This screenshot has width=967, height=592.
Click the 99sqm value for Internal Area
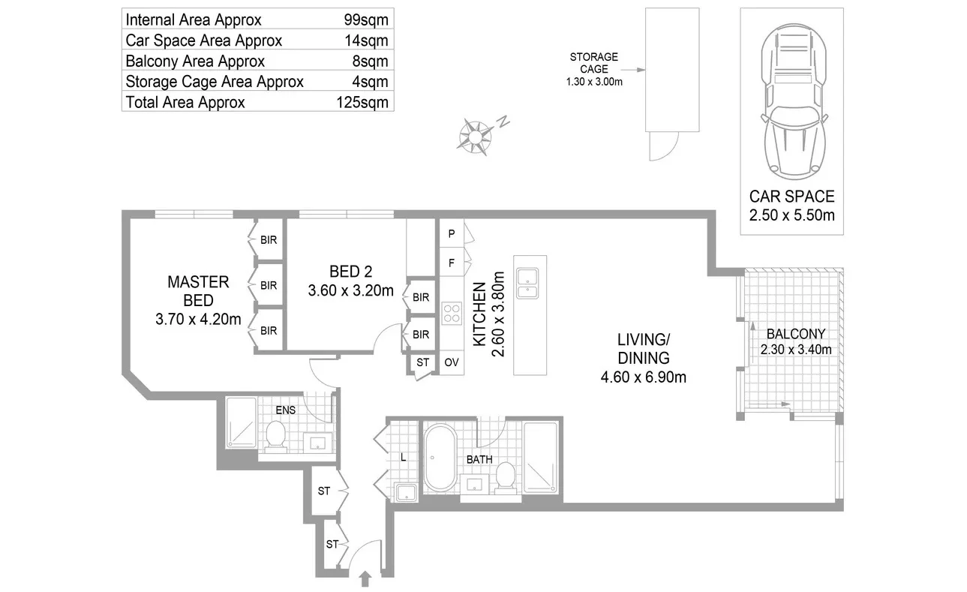(365, 20)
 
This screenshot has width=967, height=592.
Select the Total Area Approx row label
(185, 102)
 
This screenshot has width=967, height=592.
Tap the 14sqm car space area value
(366, 41)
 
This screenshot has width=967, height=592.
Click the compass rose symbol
(475, 137)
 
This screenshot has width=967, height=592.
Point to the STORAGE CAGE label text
(594, 63)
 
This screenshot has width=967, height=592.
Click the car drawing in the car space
(794, 102)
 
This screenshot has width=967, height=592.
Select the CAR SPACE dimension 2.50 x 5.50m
(791, 215)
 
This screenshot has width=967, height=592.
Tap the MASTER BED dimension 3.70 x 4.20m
(198, 319)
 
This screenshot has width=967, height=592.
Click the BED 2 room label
(350, 272)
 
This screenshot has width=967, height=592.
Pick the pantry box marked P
(452, 233)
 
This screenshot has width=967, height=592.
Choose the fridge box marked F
(452, 262)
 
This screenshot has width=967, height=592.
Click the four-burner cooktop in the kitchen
(452, 314)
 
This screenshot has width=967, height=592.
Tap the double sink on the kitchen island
(527, 284)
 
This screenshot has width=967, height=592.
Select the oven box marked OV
(452, 362)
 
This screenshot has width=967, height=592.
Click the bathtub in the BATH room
(440, 458)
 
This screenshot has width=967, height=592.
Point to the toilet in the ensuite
(275, 436)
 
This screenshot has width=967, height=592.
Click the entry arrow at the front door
(365, 579)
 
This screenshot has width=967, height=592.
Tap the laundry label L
(403, 457)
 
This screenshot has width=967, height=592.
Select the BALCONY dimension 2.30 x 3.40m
(796, 350)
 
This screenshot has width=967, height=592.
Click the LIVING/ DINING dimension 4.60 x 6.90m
(643, 377)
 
